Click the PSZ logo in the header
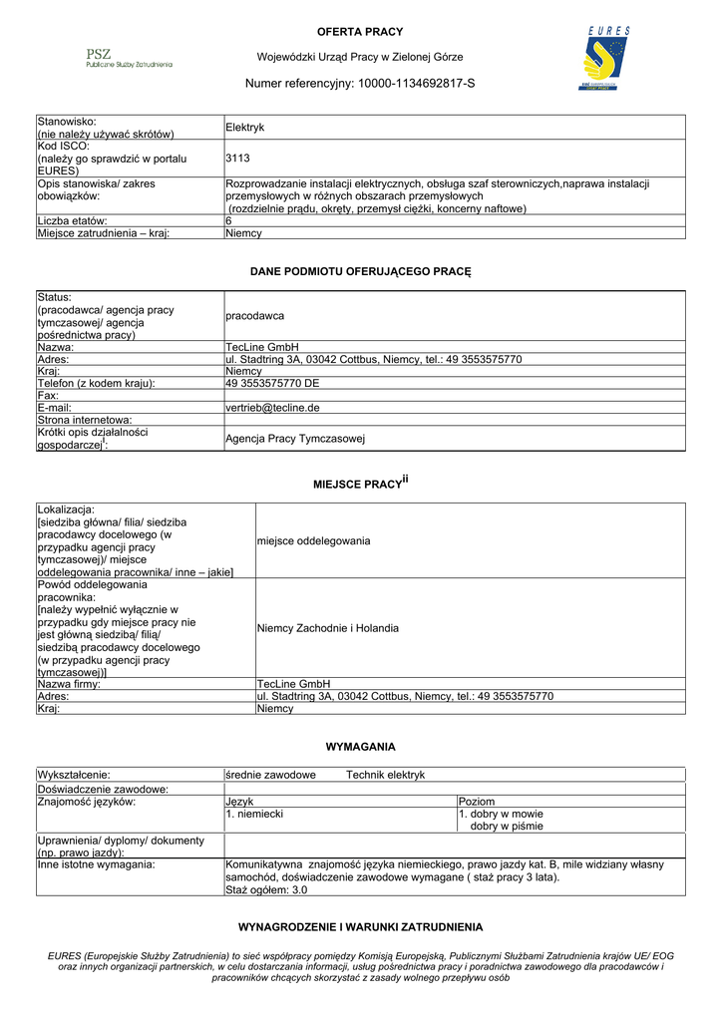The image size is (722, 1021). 129,58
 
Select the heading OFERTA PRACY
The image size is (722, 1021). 360,32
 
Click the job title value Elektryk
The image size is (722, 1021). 244,128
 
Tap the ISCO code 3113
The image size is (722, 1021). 237,158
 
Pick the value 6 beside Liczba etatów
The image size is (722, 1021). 228,220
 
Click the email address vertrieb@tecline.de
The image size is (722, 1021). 272,408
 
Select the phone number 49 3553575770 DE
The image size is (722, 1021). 272,383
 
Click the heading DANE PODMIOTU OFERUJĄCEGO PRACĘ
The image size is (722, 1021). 360,271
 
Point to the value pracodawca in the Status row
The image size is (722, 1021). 254,315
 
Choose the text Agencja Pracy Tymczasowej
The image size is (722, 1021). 295,439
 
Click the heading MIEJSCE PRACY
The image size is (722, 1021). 356,484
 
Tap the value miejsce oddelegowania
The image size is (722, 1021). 313,540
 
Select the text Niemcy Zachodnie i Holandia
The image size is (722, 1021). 327,628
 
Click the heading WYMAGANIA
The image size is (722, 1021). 360,747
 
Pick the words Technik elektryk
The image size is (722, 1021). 385,775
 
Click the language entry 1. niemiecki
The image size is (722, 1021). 254,814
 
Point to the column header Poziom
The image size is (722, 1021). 476,802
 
